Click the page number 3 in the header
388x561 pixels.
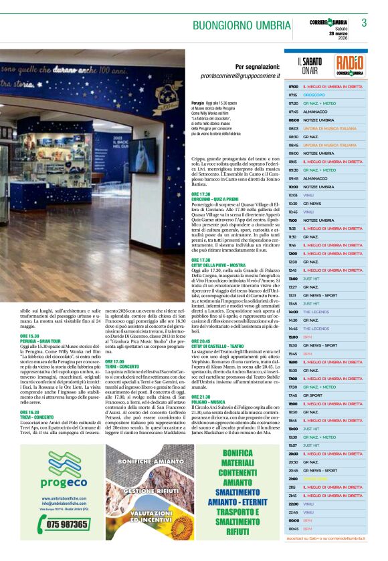coord(364,23)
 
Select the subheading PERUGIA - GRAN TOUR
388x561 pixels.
coord(43,341)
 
